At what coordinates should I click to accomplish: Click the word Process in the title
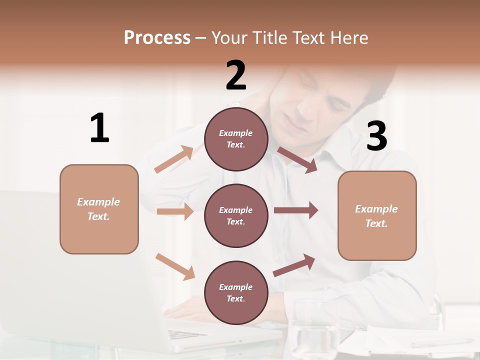point(157,37)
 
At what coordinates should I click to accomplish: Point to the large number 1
point(99,128)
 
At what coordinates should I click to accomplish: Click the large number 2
point(236,75)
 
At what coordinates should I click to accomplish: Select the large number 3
point(376,136)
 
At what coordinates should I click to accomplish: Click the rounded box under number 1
point(99,209)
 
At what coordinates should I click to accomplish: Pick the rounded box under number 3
point(377,215)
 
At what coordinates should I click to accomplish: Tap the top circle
point(236,139)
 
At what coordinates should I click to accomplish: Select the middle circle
point(236,215)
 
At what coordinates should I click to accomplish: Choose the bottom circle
point(236,292)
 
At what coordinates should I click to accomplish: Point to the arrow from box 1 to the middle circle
point(175,211)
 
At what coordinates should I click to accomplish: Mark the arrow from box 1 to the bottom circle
point(175,266)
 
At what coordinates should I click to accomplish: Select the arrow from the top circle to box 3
point(297,159)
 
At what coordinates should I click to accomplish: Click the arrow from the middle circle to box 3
point(296,210)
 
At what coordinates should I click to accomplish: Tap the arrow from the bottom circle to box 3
point(294,265)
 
